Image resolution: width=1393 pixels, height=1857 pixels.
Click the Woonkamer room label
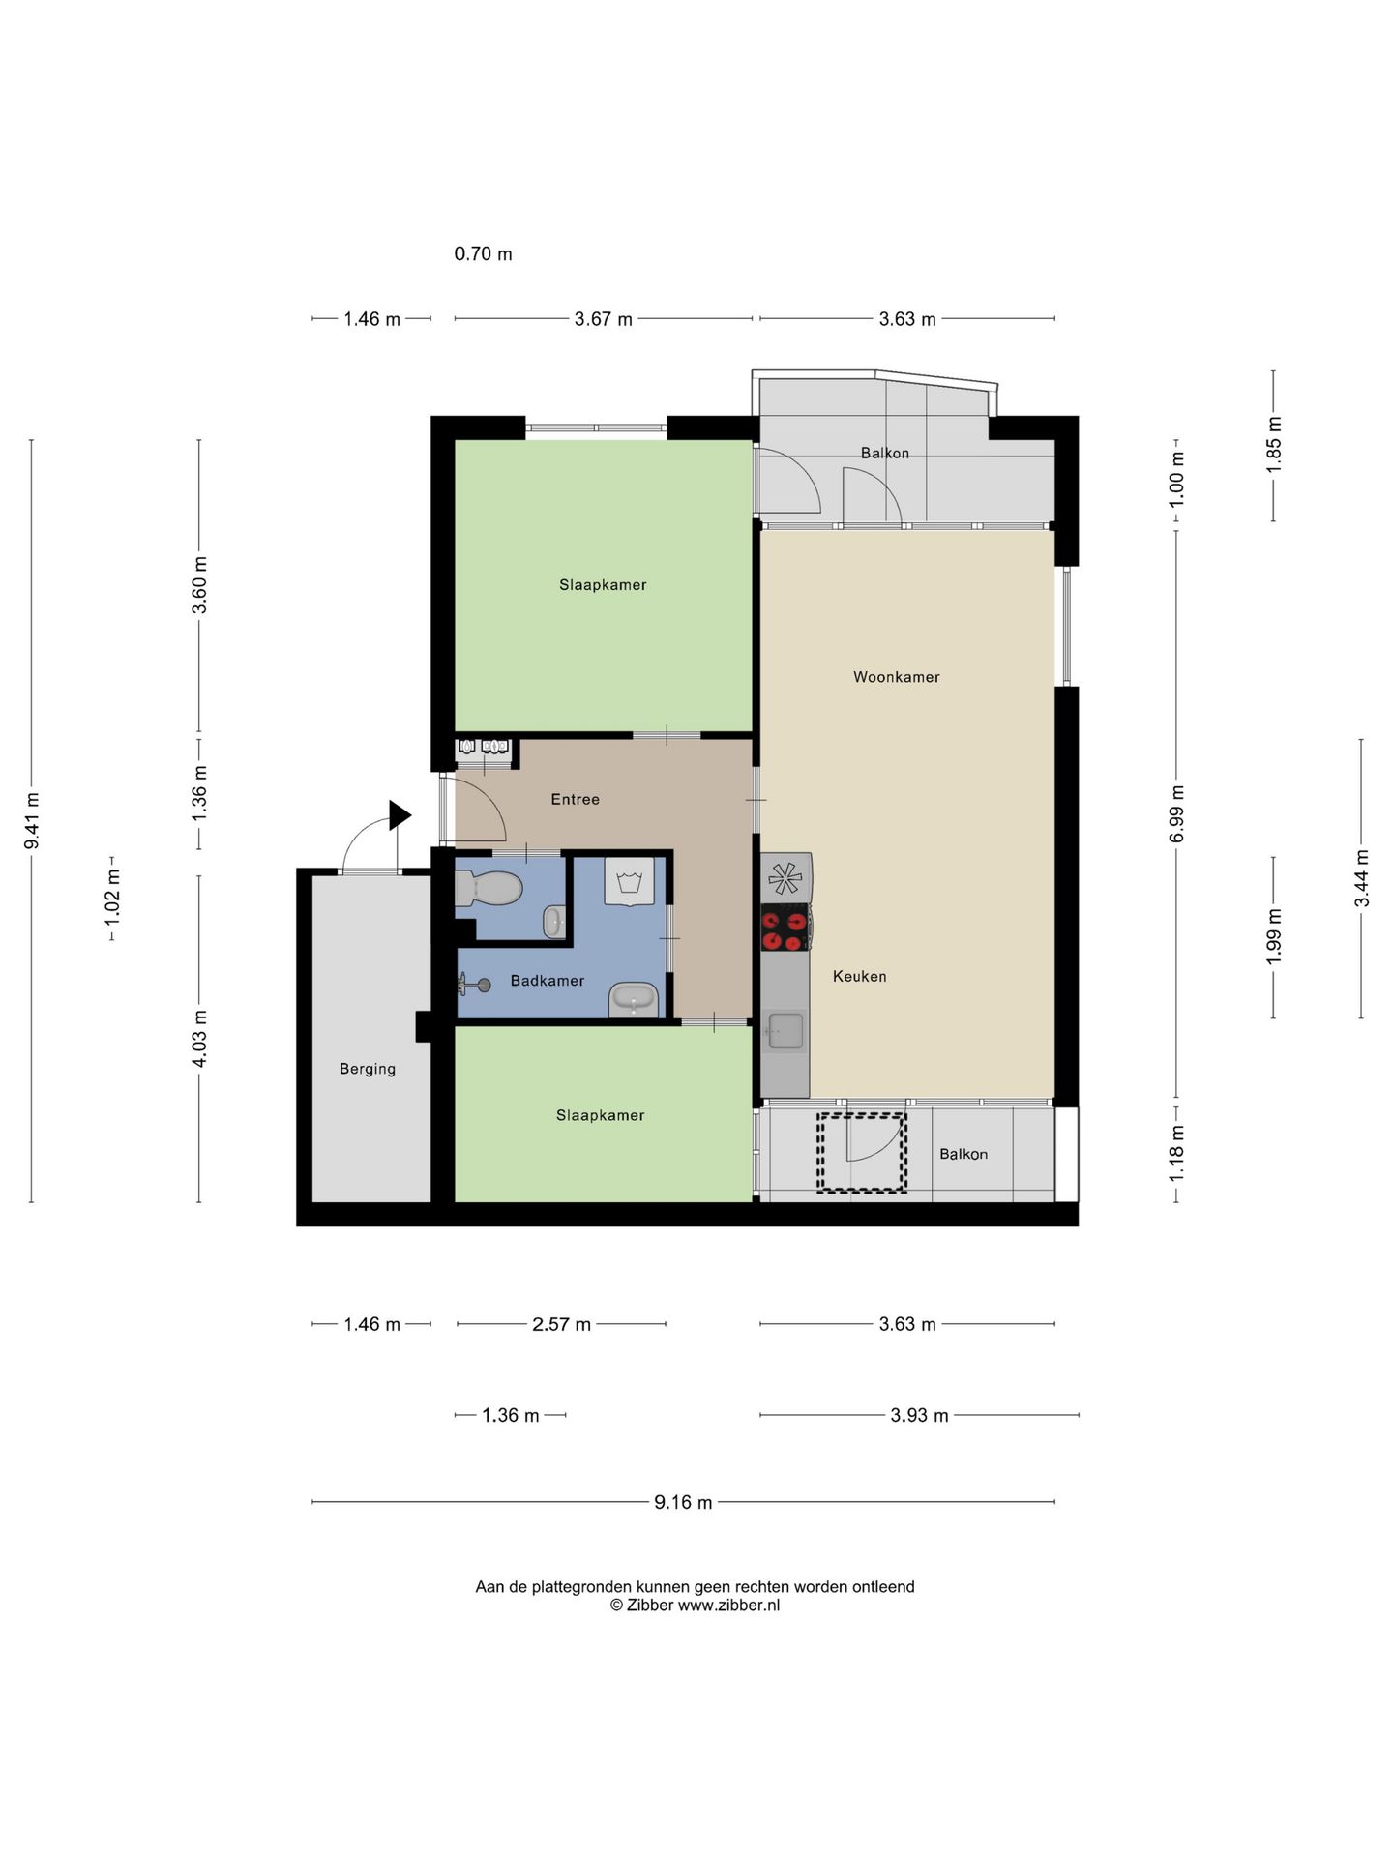(x=896, y=677)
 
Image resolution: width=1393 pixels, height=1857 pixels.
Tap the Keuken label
(x=859, y=977)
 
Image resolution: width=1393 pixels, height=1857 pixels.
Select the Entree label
(x=575, y=799)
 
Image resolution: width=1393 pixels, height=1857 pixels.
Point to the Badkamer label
(x=548, y=981)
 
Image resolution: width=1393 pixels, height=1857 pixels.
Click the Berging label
(x=368, y=1069)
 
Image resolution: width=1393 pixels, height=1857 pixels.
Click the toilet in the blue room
(x=489, y=887)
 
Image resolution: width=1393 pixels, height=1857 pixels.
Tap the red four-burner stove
(x=785, y=928)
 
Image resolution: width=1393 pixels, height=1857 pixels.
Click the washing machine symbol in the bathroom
(x=629, y=881)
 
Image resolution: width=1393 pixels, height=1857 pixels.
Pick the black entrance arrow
(x=400, y=815)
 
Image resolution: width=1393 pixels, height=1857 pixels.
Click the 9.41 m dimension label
(x=32, y=821)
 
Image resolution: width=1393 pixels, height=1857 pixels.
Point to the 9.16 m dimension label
(x=683, y=1502)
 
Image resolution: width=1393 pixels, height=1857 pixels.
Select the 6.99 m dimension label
(x=1176, y=813)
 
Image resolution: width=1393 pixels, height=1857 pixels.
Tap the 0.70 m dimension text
(x=484, y=254)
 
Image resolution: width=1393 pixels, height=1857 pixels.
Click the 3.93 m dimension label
(x=919, y=1415)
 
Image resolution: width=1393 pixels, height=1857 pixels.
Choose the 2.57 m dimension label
(x=561, y=1324)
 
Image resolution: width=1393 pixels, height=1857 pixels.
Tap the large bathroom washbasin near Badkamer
(x=634, y=1000)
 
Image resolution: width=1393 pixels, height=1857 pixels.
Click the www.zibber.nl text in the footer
(x=728, y=1606)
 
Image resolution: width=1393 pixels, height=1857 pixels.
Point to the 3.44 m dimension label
(x=1361, y=878)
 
